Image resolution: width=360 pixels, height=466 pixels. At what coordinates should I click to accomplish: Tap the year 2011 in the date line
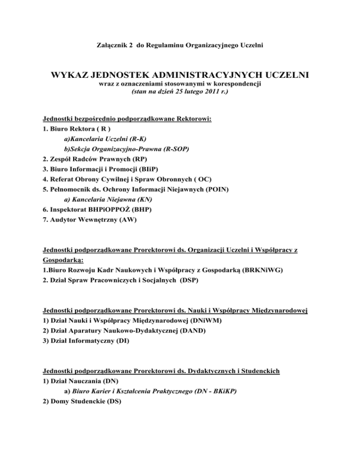coord(192,92)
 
